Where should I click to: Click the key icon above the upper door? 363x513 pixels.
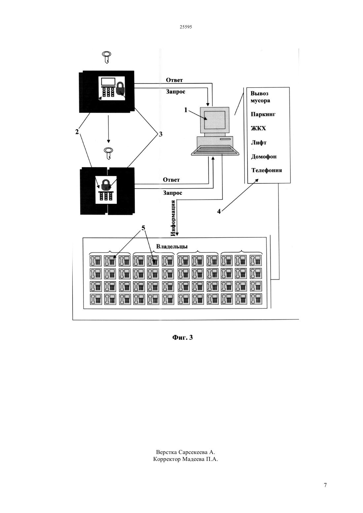tap(107, 57)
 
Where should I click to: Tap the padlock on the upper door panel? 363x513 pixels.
tap(120, 89)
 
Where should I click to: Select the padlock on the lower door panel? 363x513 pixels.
tap(105, 185)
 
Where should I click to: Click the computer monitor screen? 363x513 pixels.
tap(215, 120)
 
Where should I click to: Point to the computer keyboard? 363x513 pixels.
tap(215, 150)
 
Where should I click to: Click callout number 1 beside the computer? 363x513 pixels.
tap(186, 110)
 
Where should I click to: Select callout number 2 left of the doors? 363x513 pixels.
tap(77, 132)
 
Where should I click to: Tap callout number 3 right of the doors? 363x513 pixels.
tap(160, 134)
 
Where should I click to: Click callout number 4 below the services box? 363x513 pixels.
tap(219, 211)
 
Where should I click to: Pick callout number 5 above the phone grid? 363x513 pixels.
tap(143, 228)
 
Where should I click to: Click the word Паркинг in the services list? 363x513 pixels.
tap(263, 114)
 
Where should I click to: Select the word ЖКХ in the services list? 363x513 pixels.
tap(258, 128)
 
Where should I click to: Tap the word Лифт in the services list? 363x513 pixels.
tap(259, 142)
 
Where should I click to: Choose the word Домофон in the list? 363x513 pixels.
tap(264, 157)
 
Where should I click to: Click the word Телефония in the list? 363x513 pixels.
tap(267, 170)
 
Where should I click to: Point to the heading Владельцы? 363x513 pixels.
tap(172, 246)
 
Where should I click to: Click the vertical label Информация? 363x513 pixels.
tap(173, 218)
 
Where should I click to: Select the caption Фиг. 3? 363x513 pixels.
tap(182, 337)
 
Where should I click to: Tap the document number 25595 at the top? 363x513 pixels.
tap(186, 27)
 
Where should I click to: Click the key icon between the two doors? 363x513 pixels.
tap(108, 153)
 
